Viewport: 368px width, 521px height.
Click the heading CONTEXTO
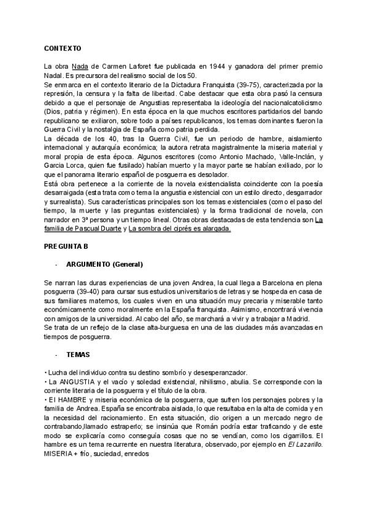point(63,47)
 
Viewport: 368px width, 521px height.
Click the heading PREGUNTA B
point(66,246)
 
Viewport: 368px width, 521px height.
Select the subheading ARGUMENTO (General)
point(104,264)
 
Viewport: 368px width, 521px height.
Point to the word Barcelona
point(270,281)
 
